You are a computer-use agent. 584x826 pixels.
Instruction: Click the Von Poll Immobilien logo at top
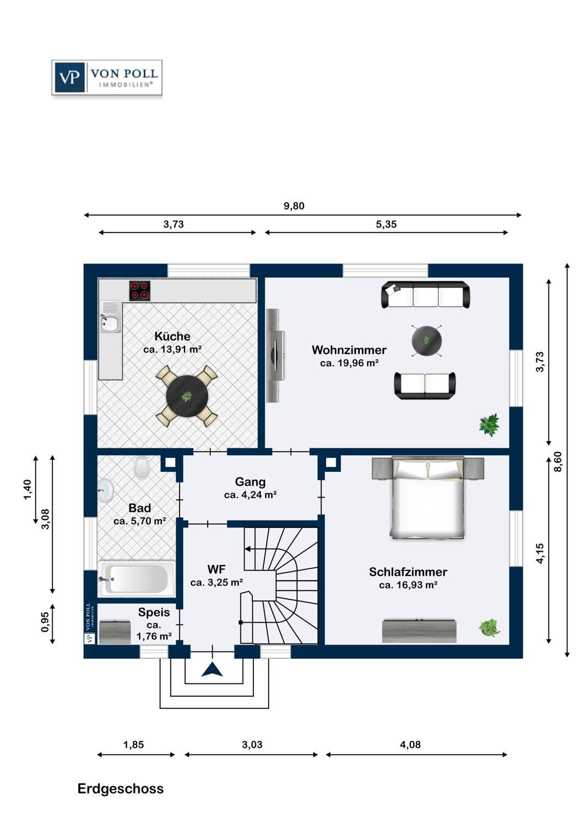107,78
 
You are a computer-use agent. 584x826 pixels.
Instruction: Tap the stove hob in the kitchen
139,290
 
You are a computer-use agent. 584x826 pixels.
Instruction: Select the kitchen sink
110,323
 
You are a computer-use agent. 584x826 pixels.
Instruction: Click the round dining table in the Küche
187,396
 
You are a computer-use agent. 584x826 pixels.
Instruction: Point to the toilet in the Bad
142,468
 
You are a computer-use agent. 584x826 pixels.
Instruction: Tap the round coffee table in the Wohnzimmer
426,340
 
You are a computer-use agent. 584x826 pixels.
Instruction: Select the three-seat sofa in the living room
425,295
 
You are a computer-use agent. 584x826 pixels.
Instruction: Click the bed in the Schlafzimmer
428,498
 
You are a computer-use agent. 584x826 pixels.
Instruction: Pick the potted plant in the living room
489,425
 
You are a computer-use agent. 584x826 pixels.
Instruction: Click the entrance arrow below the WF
213,670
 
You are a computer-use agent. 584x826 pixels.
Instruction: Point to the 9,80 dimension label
294,206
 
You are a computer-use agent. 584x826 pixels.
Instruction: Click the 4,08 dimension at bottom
410,745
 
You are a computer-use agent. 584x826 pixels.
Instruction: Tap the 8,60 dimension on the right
558,461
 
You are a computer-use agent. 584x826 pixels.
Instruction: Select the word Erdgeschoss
120,789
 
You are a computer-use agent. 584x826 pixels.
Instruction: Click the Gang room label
250,482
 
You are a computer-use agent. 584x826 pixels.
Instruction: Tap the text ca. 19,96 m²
349,363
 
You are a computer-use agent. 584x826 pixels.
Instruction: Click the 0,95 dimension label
45,622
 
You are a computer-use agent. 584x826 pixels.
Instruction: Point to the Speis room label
154,612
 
